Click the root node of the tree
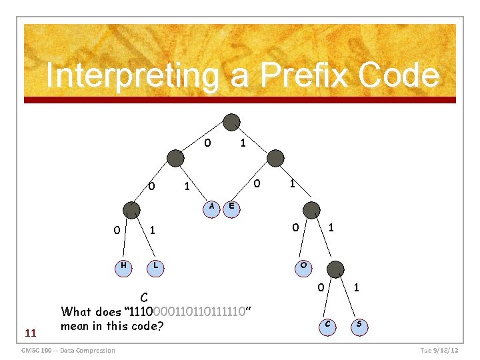click(x=231, y=122)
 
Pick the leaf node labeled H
click(x=123, y=266)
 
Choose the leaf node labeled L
click(x=155, y=266)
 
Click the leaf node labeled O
click(x=304, y=266)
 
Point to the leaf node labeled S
click(x=359, y=325)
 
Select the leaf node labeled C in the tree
click(x=327, y=325)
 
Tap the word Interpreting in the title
click(x=131, y=76)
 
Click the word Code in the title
click(x=398, y=76)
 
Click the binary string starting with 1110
click(x=186, y=311)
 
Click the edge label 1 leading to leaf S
click(x=357, y=288)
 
